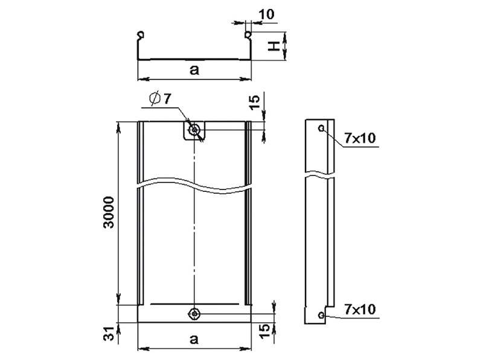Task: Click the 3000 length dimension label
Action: point(109,212)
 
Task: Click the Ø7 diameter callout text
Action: point(160,98)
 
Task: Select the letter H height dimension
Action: point(273,46)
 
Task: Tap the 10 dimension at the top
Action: point(266,14)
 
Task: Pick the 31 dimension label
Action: point(109,334)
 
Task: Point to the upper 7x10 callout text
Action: point(360,138)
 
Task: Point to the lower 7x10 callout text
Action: point(360,309)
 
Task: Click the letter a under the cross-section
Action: point(194,70)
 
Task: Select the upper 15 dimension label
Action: point(255,103)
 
